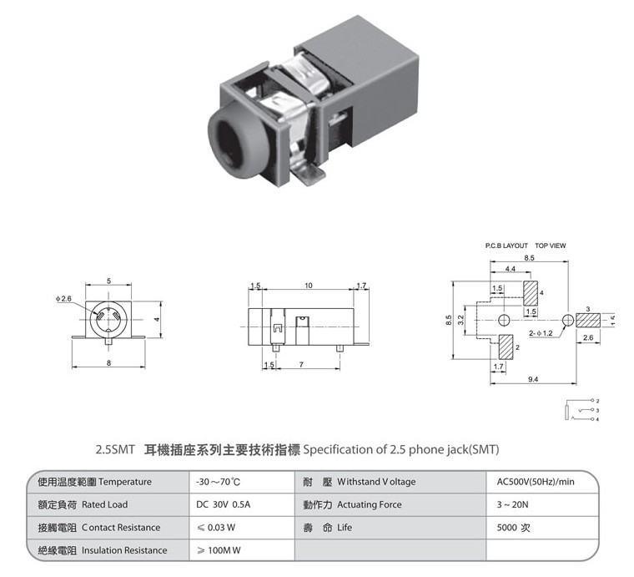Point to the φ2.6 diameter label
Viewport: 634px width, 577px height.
coord(63,299)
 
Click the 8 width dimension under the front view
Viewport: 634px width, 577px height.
coord(108,363)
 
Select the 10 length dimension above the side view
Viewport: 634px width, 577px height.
coord(308,286)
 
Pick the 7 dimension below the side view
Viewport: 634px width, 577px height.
coord(301,365)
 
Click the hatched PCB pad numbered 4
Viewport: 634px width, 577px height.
coord(531,293)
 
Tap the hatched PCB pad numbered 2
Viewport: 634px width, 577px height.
coord(506,347)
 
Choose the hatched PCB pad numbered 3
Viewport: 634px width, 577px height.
coord(588,321)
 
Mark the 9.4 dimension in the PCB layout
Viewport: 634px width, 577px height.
coord(533,379)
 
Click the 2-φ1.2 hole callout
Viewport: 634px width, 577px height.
coord(541,333)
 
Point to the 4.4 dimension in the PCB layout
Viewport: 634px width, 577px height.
coord(511,269)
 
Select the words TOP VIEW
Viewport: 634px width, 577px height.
coord(551,245)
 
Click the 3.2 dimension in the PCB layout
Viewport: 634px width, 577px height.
coord(460,320)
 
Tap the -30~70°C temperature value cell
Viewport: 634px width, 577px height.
coord(218,482)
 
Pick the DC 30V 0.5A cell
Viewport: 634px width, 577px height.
coord(224,504)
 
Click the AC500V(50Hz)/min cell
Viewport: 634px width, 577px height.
coord(536,482)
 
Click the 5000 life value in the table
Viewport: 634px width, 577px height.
coord(507,528)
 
